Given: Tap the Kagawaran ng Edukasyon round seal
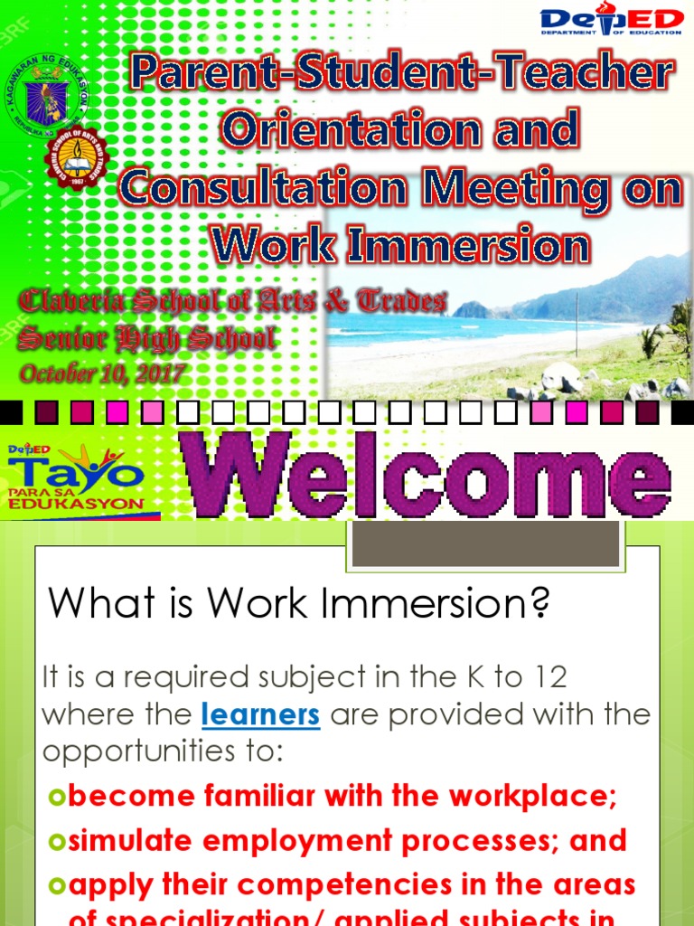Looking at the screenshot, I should pos(45,93).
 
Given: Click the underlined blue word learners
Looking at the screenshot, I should pos(261,714).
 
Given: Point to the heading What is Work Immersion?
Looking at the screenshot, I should pos(298,603).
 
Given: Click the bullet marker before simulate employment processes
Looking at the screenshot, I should pos(56,841).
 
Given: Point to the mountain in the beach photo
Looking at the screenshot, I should pos(624,289).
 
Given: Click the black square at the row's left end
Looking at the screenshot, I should pos(11,412).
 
